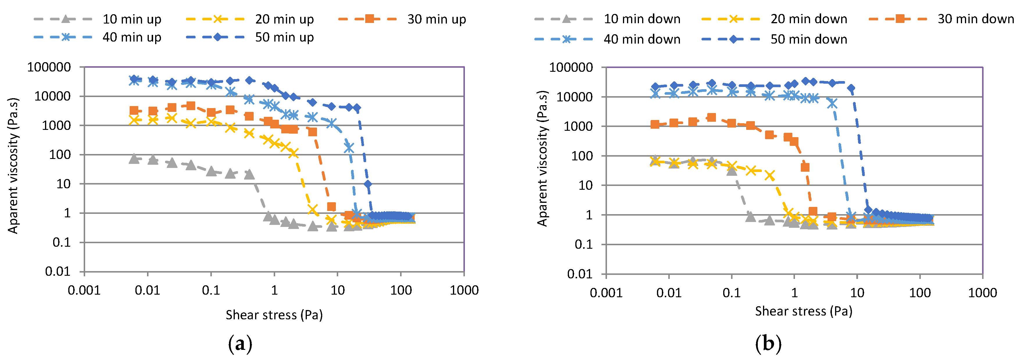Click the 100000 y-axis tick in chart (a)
(x=49, y=67)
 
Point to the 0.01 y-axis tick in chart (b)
(x=579, y=274)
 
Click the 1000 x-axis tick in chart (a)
(x=464, y=290)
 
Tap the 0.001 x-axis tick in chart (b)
(x=606, y=293)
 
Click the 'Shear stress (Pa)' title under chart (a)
(x=274, y=315)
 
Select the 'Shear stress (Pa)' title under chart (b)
(x=803, y=311)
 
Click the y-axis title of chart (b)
(x=542, y=158)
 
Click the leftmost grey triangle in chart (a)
(x=134, y=159)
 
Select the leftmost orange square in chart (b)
(x=655, y=124)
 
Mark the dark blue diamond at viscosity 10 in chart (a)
(x=368, y=184)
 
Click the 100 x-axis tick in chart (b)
(x=919, y=293)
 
